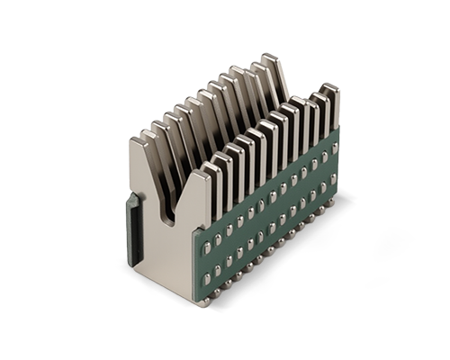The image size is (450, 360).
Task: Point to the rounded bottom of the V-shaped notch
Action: [x=169, y=216]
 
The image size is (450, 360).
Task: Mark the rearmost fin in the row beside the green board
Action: [x=329, y=90]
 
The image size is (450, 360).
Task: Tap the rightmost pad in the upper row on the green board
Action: [x=334, y=148]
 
